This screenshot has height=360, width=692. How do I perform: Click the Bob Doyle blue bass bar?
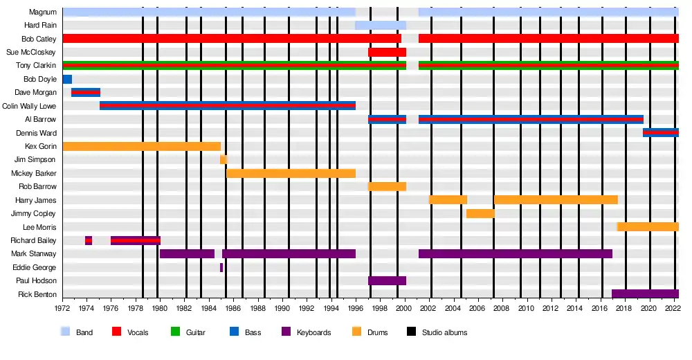67,79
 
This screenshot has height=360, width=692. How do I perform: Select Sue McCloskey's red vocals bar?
387,52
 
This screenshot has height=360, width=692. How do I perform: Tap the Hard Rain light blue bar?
381,26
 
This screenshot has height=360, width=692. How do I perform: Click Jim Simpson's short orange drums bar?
224,159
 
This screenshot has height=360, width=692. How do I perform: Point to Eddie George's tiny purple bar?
221,267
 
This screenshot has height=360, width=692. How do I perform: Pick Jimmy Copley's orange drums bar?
480,213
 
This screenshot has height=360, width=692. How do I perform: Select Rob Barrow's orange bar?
387,186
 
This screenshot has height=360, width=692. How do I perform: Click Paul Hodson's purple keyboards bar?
387,280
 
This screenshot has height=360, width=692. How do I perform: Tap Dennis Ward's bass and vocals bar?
660,132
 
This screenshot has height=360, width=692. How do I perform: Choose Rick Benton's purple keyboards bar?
645,294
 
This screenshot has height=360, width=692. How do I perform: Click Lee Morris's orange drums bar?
648,226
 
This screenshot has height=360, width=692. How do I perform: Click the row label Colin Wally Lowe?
29,106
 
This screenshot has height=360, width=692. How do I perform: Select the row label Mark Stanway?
34,253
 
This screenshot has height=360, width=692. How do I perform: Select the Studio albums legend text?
444,333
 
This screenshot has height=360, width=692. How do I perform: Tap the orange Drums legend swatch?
357,332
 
